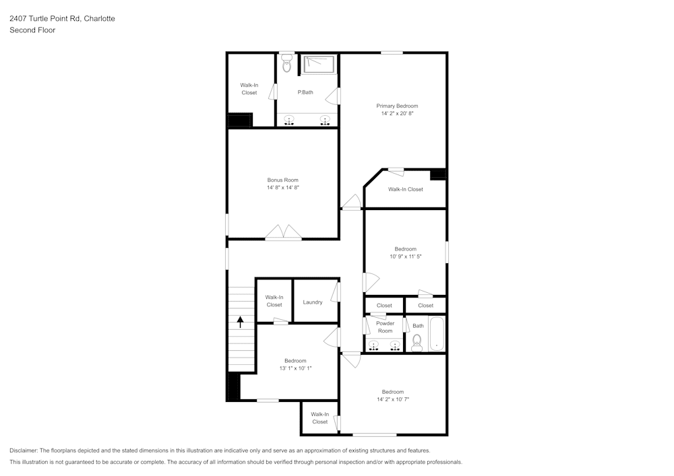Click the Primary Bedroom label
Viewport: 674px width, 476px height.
pyautogui.click(x=397, y=106)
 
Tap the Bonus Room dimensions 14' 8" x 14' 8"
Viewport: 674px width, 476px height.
pyautogui.click(x=283, y=188)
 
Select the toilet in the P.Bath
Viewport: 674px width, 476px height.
pyautogui.click(x=286, y=63)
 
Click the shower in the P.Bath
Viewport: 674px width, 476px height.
pyautogui.click(x=319, y=65)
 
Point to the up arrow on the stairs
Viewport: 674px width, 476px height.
pyautogui.click(x=241, y=322)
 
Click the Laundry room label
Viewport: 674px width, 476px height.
pyautogui.click(x=313, y=302)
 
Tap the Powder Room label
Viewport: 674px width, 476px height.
pyautogui.click(x=385, y=327)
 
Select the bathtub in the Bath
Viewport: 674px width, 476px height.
pyautogui.click(x=436, y=334)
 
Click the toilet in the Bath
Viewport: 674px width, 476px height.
pyautogui.click(x=417, y=343)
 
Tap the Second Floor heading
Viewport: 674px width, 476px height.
pyautogui.click(x=32, y=30)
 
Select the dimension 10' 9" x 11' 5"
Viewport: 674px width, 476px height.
pyautogui.click(x=405, y=257)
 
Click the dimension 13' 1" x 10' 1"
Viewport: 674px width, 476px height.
pyautogui.click(x=295, y=368)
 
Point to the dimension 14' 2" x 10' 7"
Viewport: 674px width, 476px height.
pyautogui.click(x=393, y=399)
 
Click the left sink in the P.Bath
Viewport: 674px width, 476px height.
pyautogui.click(x=289, y=121)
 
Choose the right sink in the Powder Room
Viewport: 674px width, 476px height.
pyautogui.click(x=395, y=345)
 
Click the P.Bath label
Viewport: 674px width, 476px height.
pyautogui.click(x=305, y=92)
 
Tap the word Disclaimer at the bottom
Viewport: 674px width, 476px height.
pyautogui.click(x=23, y=450)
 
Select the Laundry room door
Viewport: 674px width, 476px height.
pyautogui.click(x=334, y=292)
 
